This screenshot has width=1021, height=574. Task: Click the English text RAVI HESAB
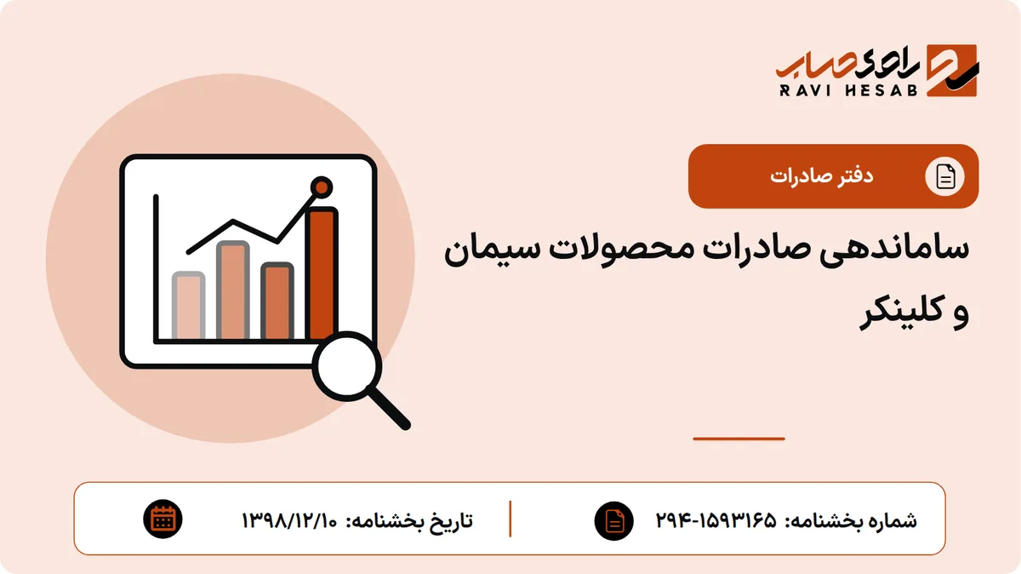848,90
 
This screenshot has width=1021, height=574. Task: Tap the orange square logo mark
952,71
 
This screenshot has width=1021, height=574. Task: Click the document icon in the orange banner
944,176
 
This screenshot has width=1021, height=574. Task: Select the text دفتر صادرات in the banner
821,176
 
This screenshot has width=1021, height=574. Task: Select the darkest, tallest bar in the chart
322,273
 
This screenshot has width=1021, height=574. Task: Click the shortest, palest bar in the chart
188,306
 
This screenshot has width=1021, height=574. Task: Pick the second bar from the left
233,290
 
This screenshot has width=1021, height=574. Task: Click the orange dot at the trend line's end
322,187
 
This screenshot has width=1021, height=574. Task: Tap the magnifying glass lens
347,366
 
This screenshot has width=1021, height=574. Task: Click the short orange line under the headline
739,439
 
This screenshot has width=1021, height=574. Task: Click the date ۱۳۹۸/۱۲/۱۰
289,520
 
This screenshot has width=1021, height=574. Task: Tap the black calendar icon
163,519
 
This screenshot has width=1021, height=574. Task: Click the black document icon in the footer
614,520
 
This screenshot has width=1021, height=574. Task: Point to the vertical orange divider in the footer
510,519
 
